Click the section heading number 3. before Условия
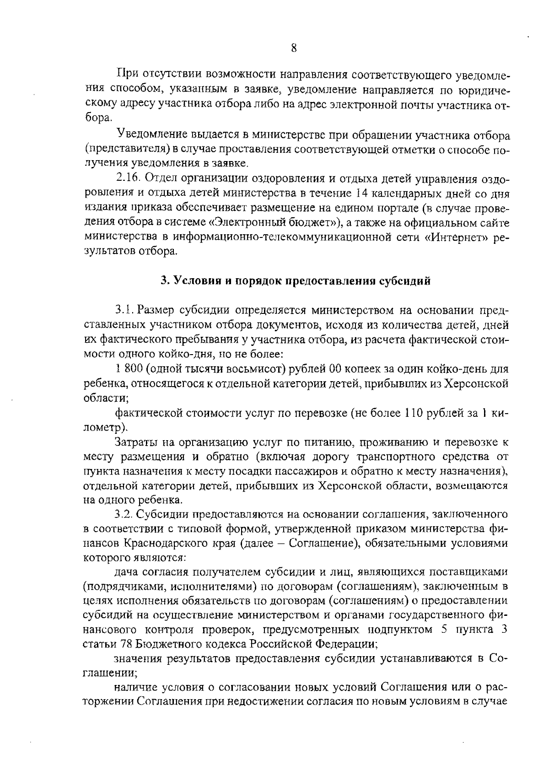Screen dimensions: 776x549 [x=164, y=281]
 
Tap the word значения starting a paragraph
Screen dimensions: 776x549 [x=136, y=659]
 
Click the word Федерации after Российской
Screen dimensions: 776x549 [x=345, y=644]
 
